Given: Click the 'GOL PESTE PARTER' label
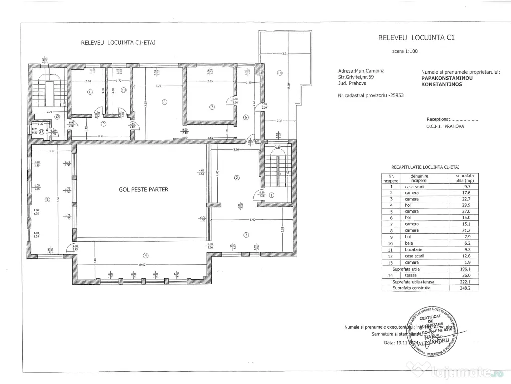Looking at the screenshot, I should [143, 189].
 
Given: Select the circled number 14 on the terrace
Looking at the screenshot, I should [280, 73].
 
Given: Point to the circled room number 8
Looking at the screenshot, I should [164, 102].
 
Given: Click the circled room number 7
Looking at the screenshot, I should [212, 106].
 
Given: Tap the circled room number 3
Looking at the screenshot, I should [246, 234].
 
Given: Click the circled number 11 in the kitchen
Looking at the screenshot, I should [90, 91].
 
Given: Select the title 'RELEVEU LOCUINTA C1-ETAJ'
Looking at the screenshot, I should [118, 43].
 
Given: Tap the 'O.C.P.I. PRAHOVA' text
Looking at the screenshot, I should [445, 127].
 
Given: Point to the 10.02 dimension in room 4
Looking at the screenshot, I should [144, 265].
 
